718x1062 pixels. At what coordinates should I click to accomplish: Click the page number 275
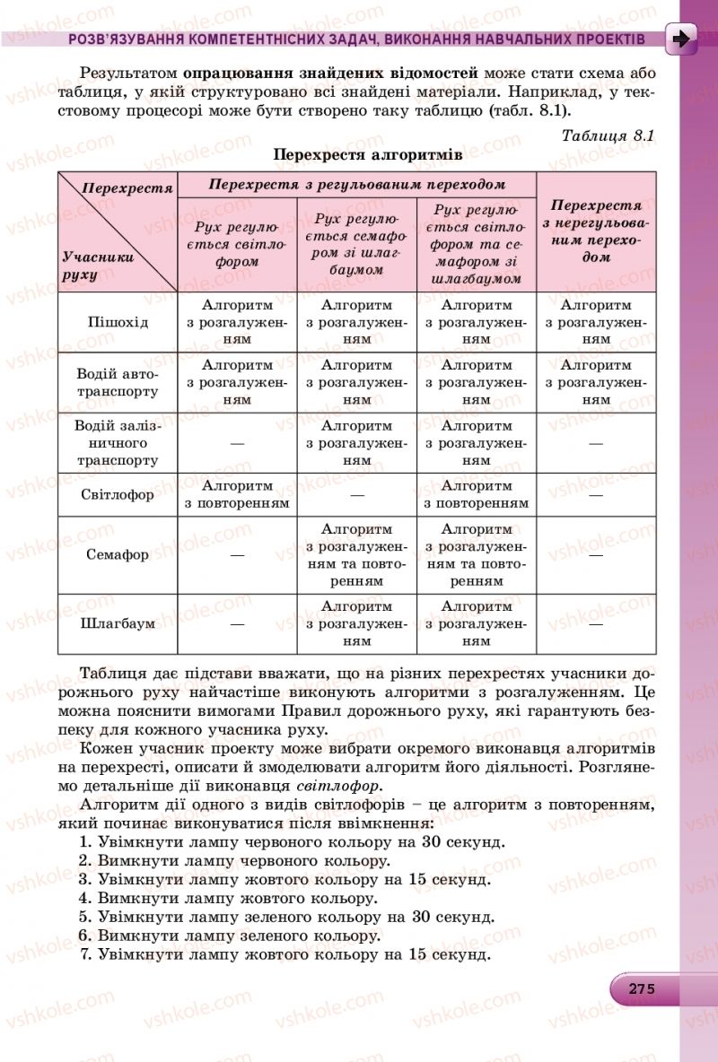(x=641, y=988)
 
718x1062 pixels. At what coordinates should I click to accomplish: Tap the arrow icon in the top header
(x=682, y=39)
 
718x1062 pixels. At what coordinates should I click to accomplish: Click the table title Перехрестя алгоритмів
(x=368, y=154)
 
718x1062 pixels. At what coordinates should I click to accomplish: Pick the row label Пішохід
(x=118, y=322)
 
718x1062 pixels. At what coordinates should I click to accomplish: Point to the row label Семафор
(x=118, y=554)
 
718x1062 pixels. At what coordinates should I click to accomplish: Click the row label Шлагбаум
(x=118, y=623)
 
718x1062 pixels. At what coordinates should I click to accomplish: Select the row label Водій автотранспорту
(x=118, y=383)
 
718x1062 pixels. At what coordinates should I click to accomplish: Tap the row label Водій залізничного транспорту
(x=118, y=443)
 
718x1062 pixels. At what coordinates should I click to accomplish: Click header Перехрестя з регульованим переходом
(x=356, y=184)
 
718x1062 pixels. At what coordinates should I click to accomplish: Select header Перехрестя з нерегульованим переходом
(x=596, y=231)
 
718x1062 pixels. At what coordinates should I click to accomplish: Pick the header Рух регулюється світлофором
(x=237, y=244)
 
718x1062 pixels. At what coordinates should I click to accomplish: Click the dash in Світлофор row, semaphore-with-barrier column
(x=356, y=495)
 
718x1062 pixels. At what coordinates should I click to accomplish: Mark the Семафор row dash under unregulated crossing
(x=596, y=555)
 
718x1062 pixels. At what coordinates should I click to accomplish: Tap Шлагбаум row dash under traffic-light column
(x=237, y=623)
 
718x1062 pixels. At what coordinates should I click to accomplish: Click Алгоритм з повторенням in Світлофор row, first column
(x=237, y=494)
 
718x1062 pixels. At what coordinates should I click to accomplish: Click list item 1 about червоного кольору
(x=292, y=841)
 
